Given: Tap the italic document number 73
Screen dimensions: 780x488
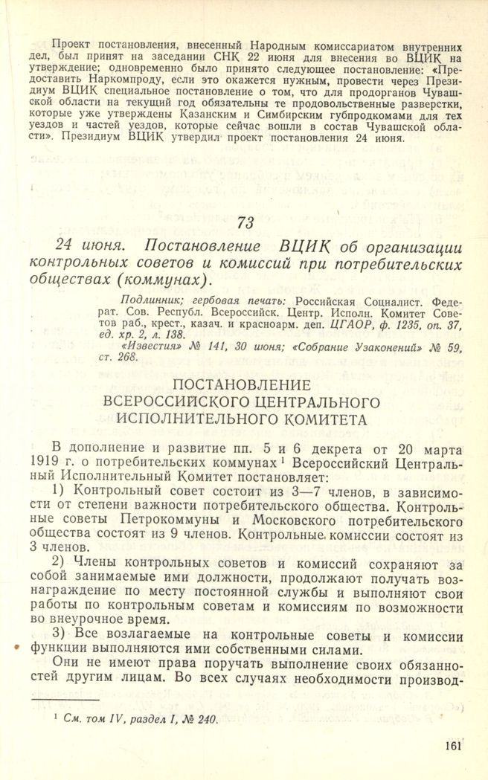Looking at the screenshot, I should click(245, 222).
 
